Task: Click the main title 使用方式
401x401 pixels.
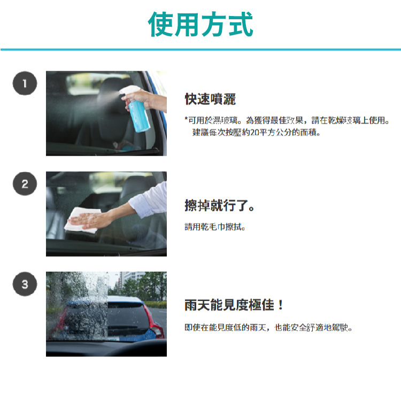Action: pyautogui.click(x=200, y=24)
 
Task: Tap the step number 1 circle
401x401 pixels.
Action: pyautogui.click(x=25, y=83)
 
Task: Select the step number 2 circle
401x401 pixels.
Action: pyautogui.click(x=25, y=183)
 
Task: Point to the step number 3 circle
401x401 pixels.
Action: pyautogui.click(x=25, y=284)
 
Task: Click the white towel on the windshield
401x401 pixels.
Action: pyautogui.click(x=82, y=220)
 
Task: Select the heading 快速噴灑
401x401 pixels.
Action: pyautogui.click(x=210, y=99)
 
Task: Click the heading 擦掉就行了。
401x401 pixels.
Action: pyautogui.click(x=219, y=206)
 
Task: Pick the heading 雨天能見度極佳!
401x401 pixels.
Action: pyautogui.click(x=234, y=305)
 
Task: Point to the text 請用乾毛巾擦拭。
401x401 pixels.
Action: pyautogui.click(x=215, y=227)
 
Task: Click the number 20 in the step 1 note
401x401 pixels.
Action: pyautogui.click(x=255, y=133)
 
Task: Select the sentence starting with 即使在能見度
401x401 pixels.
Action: pyautogui.click(x=268, y=327)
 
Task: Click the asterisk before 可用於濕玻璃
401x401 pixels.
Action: pyautogui.click(x=186, y=119)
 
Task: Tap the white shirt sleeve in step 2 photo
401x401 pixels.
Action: pyautogui.click(x=148, y=199)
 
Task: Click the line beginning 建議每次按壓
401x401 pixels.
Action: pyautogui.click(x=256, y=133)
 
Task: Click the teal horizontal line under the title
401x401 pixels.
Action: pyautogui.click(x=200, y=50)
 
